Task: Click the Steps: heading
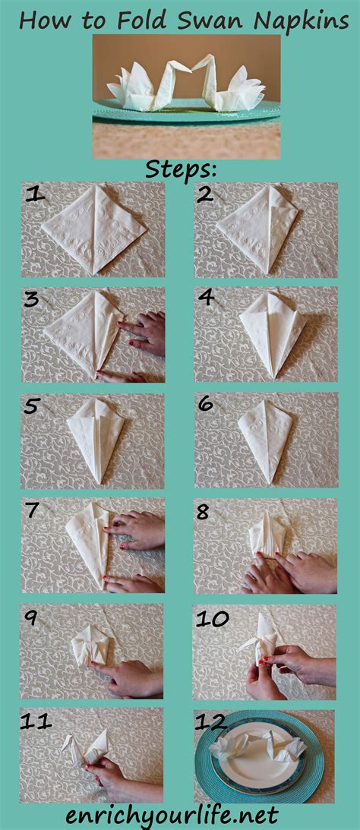click(x=180, y=169)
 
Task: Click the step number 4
click(x=206, y=298)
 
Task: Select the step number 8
click(x=203, y=512)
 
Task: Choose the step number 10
click(x=212, y=618)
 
